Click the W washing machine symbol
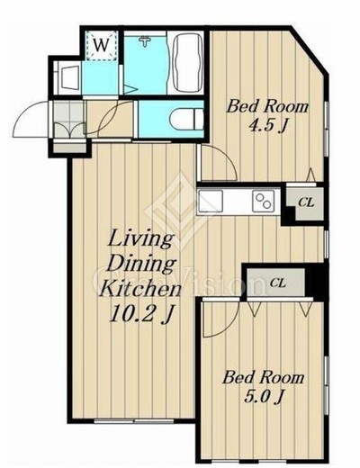tap(102, 45)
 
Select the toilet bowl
tap(186, 119)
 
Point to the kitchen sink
tap(211, 201)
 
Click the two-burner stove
tap(264, 201)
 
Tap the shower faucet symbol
tap(145, 40)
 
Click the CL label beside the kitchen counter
tap(306, 202)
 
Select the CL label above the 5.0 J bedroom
tap(278, 283)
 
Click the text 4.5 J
tap(265, 126)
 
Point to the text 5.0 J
tap(264, 397)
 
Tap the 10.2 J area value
tap(142, 315)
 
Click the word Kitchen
tap(140, 289)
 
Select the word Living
tap(140, 238)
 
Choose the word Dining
tap(141, 264)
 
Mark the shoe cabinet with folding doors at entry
tap(69, 120)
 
